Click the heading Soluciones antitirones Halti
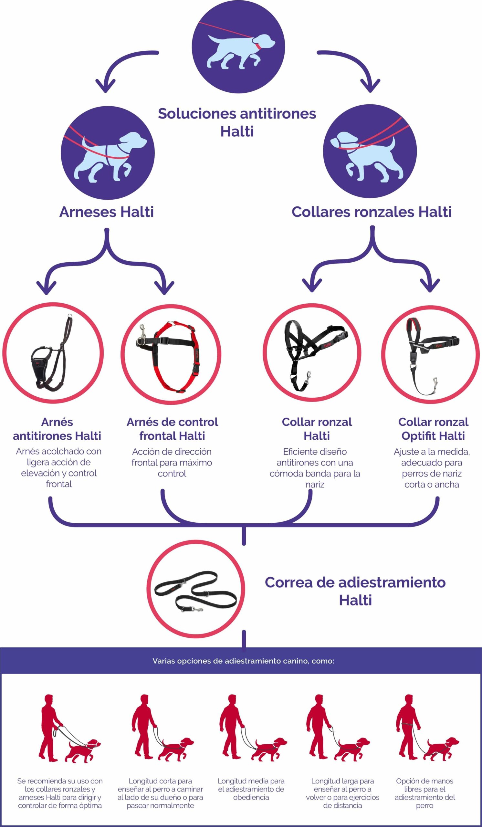(237, 122)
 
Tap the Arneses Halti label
(106, 212)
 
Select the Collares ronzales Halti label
(372, 212)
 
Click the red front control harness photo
(170, 356)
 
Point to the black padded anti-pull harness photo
(52, 353)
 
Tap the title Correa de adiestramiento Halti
(355, 591)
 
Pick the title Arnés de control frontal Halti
(172, 429)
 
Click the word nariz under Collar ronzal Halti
(315, 484)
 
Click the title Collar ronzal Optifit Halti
(433, 429)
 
